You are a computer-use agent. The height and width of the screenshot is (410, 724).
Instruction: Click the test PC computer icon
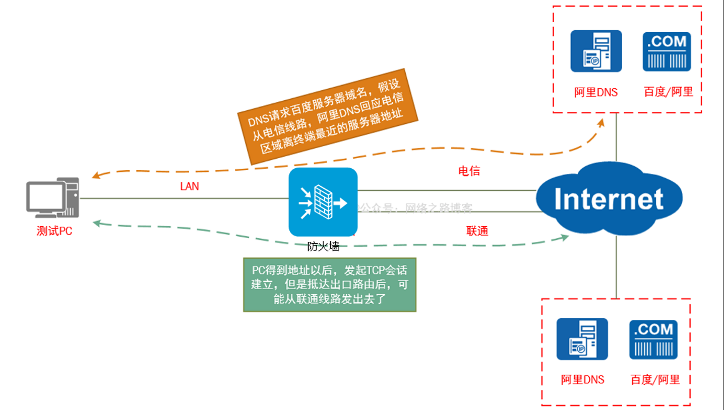point(53,199)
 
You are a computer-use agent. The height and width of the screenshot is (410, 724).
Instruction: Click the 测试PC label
point(54,232)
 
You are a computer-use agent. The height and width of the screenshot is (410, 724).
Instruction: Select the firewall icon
point(323,202)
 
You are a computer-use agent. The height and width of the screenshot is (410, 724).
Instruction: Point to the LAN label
point(190,186)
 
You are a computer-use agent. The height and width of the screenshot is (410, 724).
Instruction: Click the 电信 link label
point(469,171)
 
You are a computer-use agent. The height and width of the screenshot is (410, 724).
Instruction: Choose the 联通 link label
point(477,232)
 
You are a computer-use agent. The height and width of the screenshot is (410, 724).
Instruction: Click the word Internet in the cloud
point(609,199)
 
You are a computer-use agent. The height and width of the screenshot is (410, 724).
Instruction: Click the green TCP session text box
point(330,285)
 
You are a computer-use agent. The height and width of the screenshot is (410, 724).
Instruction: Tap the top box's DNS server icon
point(596,51)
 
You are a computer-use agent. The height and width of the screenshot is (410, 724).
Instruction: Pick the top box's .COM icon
point(667,51)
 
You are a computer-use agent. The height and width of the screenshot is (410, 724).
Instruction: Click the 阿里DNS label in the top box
point(596,92)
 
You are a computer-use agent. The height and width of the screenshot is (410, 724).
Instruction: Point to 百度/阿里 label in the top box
point(669,92)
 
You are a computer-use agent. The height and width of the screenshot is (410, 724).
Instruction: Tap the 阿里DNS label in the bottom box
point(583,380)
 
